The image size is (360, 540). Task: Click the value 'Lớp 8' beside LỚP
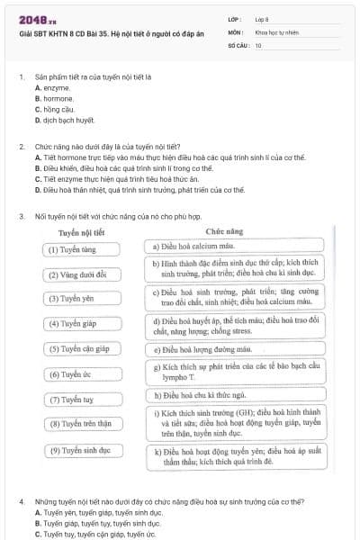pos(263,18)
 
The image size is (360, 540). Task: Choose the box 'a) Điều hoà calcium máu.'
pos(231,245)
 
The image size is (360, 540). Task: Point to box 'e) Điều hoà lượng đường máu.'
pos(231,349)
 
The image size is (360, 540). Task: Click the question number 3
pos(21,216)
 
